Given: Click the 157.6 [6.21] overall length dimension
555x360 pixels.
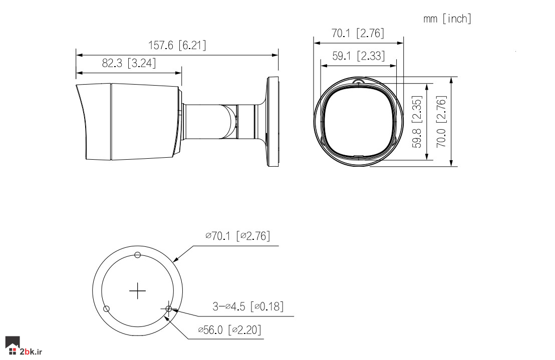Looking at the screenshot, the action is coord(177,45).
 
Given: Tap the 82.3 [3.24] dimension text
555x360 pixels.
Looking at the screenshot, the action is coord(129,63).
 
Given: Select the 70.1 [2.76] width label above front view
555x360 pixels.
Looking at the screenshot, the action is coord(358,33).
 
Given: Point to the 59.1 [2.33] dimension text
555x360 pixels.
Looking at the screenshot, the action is coord(358,56).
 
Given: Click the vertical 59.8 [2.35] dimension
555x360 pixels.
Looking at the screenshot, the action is coord(417,122).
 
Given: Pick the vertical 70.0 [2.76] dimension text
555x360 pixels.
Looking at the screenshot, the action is coord(441,122).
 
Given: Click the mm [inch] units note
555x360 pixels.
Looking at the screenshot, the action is coord(447,19).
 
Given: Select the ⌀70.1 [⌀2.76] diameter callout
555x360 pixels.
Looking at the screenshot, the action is coord(237,236).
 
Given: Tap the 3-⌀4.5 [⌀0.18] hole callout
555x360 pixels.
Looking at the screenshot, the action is coord(248,306).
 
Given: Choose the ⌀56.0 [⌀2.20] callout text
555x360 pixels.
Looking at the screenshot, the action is coord(230,330).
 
